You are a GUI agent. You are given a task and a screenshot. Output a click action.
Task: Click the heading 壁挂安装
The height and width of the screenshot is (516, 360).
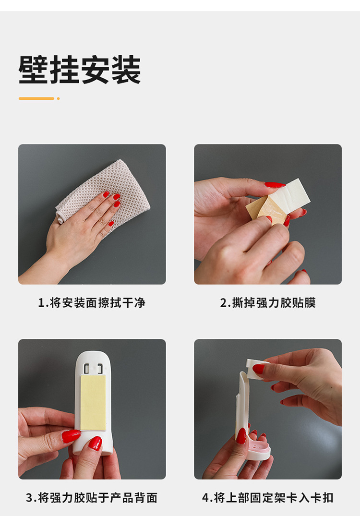pos(80,70)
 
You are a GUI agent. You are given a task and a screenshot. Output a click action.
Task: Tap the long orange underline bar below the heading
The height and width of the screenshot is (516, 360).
pos(36,98)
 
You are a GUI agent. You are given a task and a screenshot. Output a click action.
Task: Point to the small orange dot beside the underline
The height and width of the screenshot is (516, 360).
pos(58,98)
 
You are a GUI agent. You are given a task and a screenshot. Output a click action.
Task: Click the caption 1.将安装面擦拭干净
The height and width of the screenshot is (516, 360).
pos(92,303)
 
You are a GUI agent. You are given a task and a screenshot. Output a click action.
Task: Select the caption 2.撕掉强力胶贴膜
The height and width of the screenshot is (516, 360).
pos(268,303)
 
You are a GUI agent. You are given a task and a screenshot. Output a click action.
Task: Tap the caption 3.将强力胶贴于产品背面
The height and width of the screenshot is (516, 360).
pos(92,498)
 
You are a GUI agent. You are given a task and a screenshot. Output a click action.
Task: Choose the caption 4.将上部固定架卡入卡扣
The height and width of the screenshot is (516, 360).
pos(268,498)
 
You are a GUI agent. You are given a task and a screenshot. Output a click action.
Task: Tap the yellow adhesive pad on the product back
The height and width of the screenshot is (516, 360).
pos(93,402)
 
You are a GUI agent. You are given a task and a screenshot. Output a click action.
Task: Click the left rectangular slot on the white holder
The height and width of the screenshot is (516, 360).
pos(86,369)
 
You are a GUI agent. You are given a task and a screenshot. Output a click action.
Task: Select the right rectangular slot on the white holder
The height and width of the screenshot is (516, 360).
pos(99,369)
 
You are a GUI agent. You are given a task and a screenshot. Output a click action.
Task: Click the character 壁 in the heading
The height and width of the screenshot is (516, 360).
pos(33,70)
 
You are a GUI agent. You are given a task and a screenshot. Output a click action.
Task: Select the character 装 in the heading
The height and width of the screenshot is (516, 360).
pos(126,70)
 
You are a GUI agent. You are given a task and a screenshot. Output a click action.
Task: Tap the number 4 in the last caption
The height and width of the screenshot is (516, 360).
pos(205,498)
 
